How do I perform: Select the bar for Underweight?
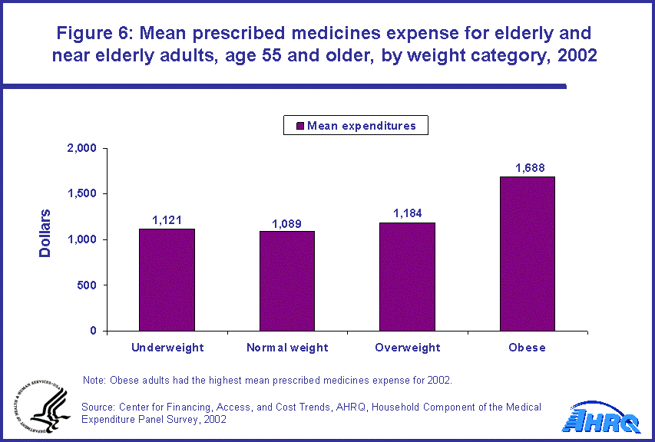(167, 280)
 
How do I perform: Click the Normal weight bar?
(287, 282)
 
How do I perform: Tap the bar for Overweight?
(407, 277)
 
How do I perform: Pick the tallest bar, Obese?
(527, 254)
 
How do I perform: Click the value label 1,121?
(167, 220)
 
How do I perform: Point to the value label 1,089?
(287, 223)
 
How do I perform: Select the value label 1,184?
(407, 214)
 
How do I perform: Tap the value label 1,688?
(528, 168)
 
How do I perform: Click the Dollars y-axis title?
(45, 233)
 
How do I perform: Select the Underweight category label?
(167, 348)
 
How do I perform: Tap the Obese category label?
(527, 348)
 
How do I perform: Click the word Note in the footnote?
(94, 381)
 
